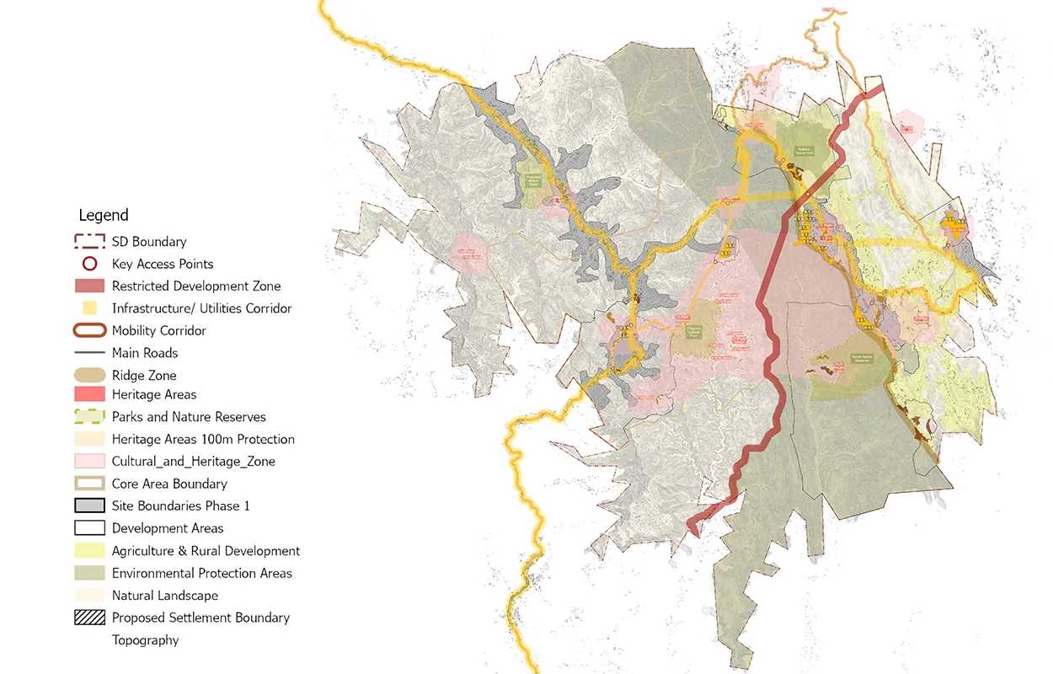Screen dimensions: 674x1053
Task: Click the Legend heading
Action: point(104,215)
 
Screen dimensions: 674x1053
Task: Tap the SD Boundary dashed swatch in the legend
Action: point(89,242)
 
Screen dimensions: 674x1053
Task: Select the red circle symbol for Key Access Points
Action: point(89,264)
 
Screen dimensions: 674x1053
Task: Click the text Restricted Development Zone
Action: point(196,286)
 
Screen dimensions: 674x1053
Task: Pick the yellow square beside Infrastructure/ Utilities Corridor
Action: point(90,308)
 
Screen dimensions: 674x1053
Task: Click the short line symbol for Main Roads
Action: point(89,353)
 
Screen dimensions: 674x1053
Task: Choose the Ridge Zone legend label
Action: point(144,376)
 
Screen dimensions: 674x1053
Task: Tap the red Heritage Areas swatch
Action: point(89,394)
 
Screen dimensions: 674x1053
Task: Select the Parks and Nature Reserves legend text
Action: point(189,417)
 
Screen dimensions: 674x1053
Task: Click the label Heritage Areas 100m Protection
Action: point(203,439)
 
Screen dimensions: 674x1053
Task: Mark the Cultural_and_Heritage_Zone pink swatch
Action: point(89,461)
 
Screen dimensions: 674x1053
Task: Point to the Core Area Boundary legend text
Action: point(169,484)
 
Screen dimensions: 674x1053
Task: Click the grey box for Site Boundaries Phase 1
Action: point(89,505)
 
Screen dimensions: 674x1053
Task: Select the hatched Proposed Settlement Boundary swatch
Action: point(89,618)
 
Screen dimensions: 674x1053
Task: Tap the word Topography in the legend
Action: point(145,640)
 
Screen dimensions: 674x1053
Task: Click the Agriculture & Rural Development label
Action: point(206,551)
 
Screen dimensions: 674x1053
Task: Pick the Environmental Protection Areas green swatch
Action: point(89,573)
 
